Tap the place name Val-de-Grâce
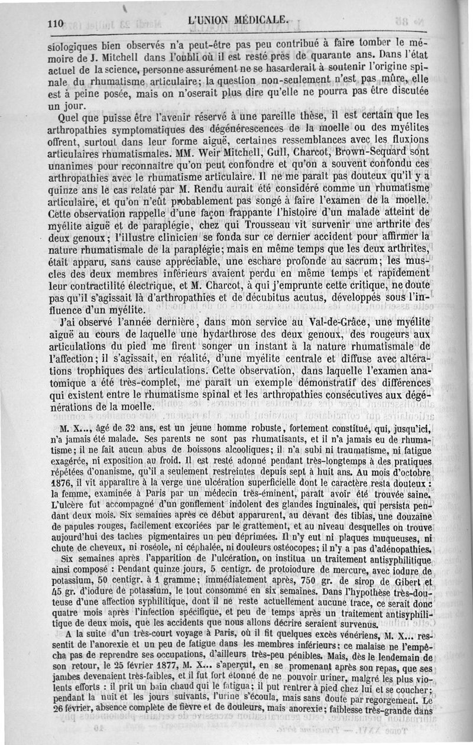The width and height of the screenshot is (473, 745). (331, 323)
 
